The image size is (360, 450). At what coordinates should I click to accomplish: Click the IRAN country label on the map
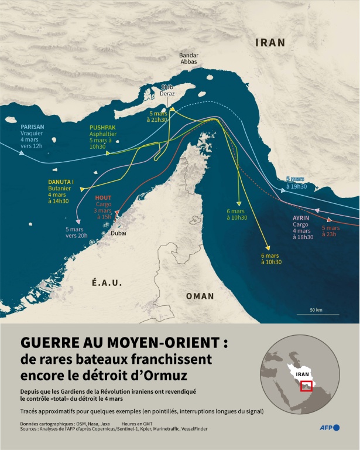[x=270, y=43]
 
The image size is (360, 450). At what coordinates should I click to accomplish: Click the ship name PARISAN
[x=32, y=125]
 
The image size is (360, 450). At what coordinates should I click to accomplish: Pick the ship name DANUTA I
[x=61, y=182]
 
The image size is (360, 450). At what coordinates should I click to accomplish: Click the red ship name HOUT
[x=103, y=198]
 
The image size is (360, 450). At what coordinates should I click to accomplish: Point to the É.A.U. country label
[x=106, y=283]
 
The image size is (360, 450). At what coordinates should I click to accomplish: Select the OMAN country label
[x=200, y=296]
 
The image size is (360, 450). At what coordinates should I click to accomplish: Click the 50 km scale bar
[x=317, y=313]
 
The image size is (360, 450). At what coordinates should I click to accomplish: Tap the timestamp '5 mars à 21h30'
[x=158, y=117]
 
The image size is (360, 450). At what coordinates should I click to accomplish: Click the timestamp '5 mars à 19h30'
[x=296, y=182]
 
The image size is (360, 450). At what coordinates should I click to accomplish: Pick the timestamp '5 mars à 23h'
[x=331, y=231]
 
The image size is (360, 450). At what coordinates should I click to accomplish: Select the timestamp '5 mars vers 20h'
[x=76, y=232]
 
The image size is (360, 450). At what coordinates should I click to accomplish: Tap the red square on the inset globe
[x=306, y=386]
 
